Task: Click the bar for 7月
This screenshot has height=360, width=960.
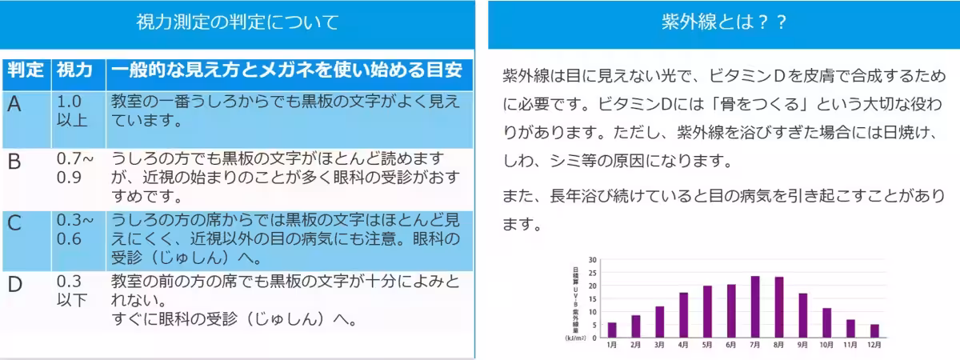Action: pos(754,307)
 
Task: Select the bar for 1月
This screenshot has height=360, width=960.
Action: pos(612,330)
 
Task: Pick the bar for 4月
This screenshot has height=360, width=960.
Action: pos(683,315)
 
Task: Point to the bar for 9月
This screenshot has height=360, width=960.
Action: pos(802,315)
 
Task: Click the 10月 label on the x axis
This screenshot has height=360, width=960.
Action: pos(826,345)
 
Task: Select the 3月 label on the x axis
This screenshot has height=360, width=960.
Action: pos(659,345)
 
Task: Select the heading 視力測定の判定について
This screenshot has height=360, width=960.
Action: pos(237,22)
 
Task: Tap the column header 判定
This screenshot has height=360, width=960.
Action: pos(26,70)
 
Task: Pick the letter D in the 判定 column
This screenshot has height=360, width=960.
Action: pos(15,284)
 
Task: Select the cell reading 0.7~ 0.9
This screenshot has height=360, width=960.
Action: pos(74,168)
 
